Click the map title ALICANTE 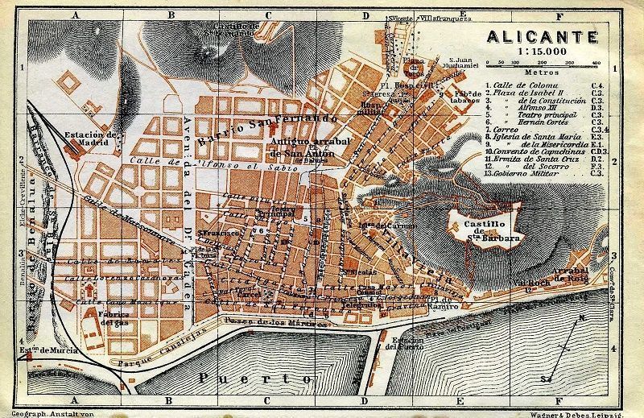point(543,36)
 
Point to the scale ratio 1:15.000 point(542,51)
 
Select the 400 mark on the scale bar point(597,62)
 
